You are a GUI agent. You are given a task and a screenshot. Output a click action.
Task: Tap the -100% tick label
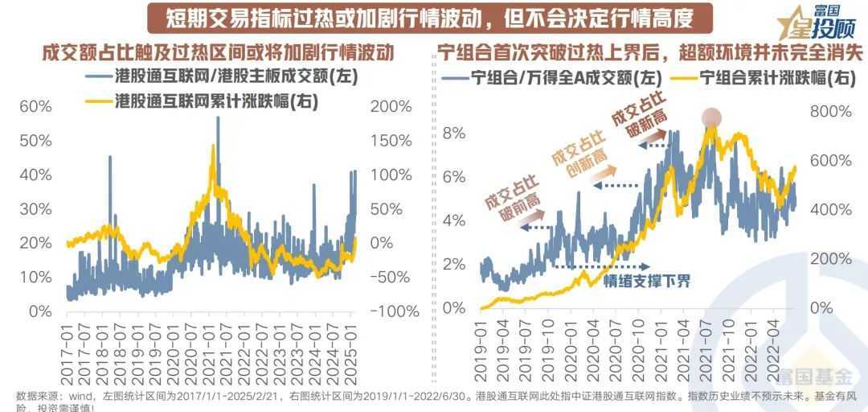click(391, 311)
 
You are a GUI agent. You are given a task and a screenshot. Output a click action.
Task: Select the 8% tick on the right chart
click(454, 133)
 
